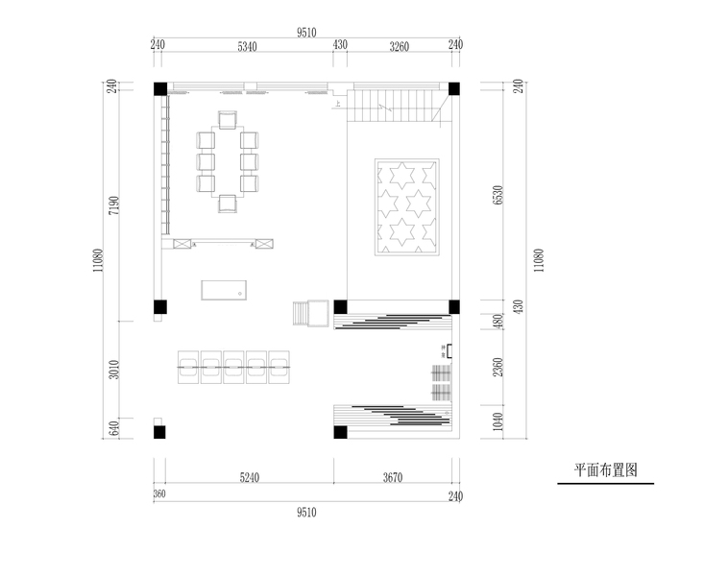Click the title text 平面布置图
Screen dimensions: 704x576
(606, 471)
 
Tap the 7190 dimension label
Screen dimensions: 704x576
(112, 207)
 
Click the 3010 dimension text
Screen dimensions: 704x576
(112, 370)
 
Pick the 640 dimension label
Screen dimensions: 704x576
(112, 428)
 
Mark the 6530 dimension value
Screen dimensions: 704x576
(498, 197)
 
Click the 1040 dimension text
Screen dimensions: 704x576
(498, 420)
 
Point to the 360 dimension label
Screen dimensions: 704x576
(159, 495)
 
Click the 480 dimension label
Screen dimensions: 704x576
(498, 322)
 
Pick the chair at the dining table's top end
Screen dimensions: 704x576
(229, 119)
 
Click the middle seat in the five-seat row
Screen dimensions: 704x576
(233, 365)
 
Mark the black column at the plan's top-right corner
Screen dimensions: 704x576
(454, 89)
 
